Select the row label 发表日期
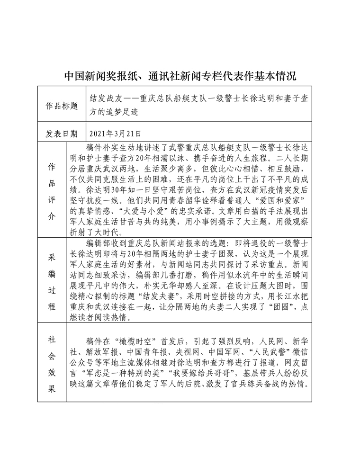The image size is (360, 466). pos(61,134)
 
